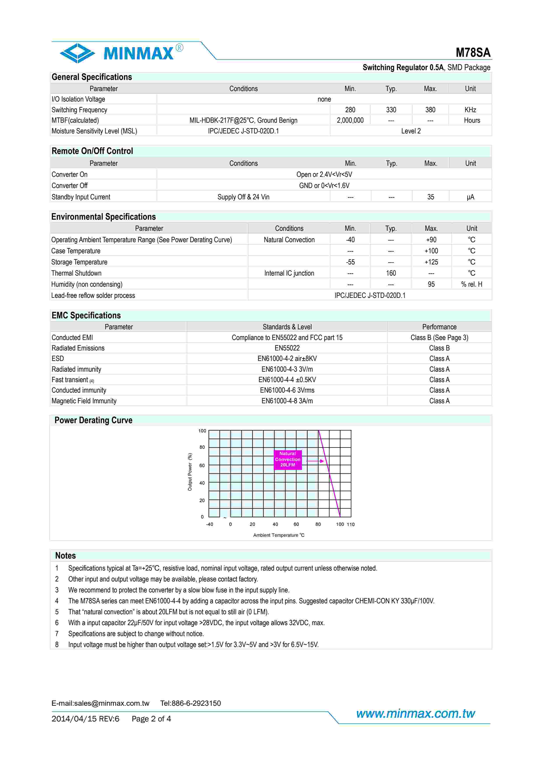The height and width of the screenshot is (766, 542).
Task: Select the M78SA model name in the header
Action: coord(473,53)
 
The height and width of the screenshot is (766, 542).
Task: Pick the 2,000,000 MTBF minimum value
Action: coord(350,121)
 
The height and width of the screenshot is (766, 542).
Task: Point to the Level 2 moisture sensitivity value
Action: coord(411,131)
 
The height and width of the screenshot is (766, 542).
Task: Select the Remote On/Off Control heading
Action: coord(92,151)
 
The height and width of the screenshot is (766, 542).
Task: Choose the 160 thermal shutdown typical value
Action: coord(391,273)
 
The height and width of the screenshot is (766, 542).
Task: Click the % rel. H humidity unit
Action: coord(471,285)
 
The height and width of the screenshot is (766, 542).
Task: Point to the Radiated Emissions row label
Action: coord(78,348)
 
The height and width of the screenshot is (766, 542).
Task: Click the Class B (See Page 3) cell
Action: coord(439,338)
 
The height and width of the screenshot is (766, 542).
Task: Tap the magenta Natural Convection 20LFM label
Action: coord(288,459)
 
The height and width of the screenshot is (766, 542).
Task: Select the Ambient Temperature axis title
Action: coord(279,535)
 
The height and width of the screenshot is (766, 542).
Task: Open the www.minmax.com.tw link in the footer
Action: coord(415,714)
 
